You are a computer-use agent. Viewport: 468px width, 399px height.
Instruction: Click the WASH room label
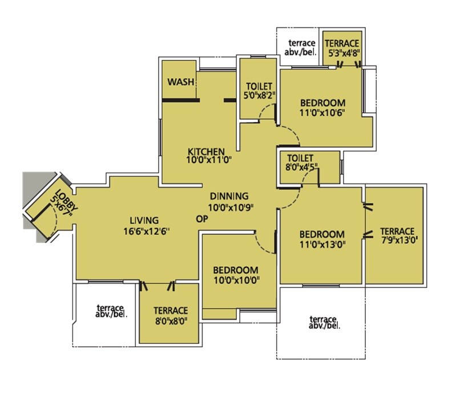click(x=179, y=82)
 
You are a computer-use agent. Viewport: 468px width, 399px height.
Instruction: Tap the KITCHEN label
click(x=205, y=152)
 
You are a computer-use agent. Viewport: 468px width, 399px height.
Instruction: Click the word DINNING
click(x=228, y=195)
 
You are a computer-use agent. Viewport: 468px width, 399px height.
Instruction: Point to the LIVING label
click(x=143, y=220)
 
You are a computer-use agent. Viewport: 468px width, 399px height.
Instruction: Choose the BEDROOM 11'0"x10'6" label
click(x=322, y=108)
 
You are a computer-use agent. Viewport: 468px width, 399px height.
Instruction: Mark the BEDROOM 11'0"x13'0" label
click(x=322, y=239)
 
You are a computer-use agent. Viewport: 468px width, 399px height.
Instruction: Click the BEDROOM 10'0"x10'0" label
click(x=236, y=275)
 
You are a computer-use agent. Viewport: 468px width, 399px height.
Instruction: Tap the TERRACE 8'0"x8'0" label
click(x=170, y=315)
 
